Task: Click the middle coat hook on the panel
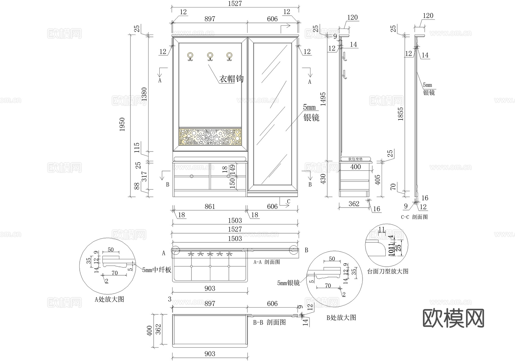click(x=210, y=56)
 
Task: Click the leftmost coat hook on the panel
click(x=190, y=56)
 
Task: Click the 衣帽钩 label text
click(x=231, y=79)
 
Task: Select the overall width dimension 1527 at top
click(x=235, y=3)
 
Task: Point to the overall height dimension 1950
click(x=122, y=124)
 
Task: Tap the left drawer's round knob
click(x=191, y=176)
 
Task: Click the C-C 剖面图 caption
click(x=414, y=217)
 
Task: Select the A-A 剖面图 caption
click(x=267, y=262)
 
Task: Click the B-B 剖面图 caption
click(x=269, y=322)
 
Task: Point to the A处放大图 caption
click(x=109, y=299)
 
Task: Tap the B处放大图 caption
click(x=341, y=318)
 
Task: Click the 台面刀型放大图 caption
click(x=388, y=271)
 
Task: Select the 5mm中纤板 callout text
click(x=157, y=270)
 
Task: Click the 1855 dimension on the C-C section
click(x=401, y=114)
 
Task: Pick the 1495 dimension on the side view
click(x=323, y=99)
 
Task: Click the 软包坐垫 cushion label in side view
click(x=355, y=159)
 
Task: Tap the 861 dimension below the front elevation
click(x=210, y=206)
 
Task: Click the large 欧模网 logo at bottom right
click(x=453, y=318)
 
